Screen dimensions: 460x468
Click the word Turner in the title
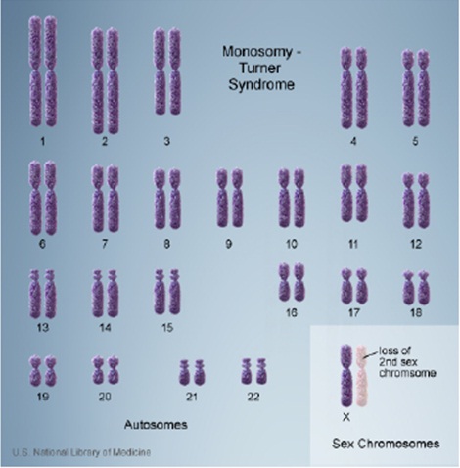pos(259,69)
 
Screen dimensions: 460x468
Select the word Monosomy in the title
pos(257,52)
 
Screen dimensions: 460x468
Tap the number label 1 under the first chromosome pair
pos(42,141)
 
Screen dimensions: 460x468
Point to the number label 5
pos(415,141)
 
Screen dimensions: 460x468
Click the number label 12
pos(416,244)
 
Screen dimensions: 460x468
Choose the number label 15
pos(167,327)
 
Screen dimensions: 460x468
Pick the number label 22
pos(253,397)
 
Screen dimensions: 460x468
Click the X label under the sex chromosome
pos(346,417)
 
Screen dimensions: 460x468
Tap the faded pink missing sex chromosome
pos(361,375)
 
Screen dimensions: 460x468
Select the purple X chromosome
pos(346,375)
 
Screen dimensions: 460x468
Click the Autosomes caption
pos(156,425)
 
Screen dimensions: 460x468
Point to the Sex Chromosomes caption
pos(386,444)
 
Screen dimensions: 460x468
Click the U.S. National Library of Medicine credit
pos(81,452)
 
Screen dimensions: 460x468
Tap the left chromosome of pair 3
pos(160,71)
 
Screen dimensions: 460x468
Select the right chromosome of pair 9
pos(237,198)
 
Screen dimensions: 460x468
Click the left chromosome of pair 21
pos(184,372)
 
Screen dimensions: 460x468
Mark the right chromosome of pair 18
pos(424,288)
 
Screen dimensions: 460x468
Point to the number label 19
pos(43,397)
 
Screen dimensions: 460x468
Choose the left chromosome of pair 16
pos(284,282)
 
